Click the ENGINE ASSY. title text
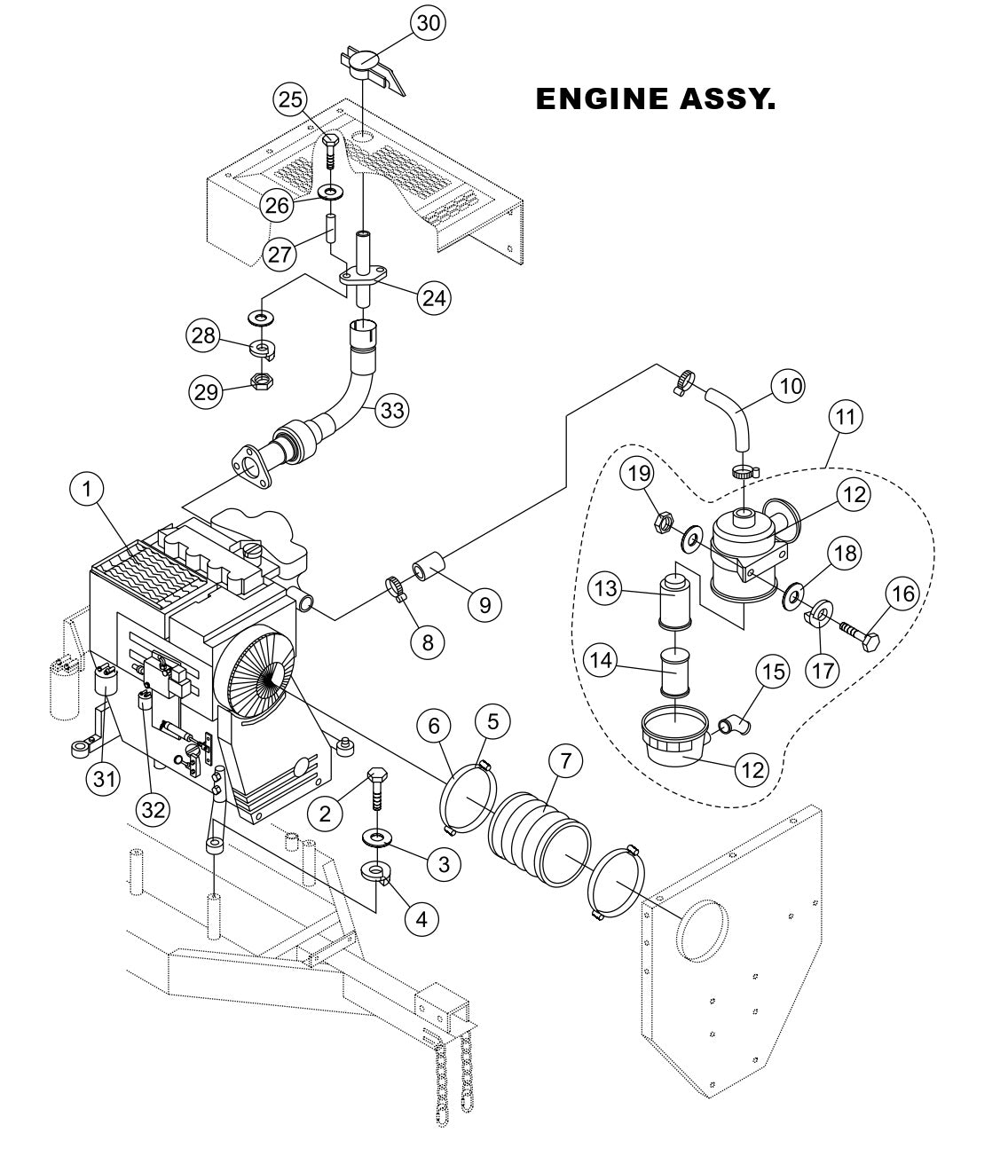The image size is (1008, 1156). click(x=655, y=99)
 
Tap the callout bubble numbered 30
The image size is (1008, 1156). click(x=428, y=25)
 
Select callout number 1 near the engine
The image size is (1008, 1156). click(x=89, y=488)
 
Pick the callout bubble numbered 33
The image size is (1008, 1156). click(x=391, y=410)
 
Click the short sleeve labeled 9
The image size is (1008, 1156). click(x=429, y=565)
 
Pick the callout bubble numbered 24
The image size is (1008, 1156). click(x=433, y=297)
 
